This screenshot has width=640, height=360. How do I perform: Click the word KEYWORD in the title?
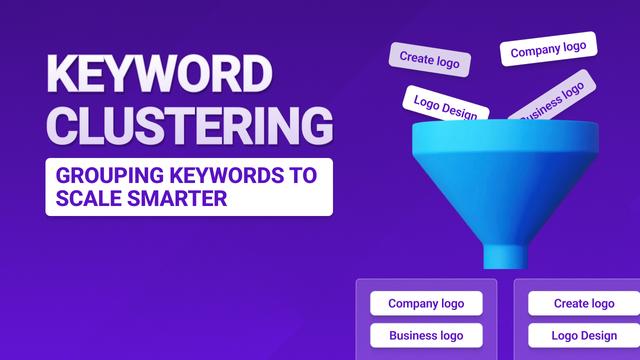pos(159,76)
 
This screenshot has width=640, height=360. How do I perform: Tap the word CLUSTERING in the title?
pos(190,128)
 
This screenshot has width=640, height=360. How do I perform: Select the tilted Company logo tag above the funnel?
pos(547,49)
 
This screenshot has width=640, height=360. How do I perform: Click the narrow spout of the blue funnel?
pos(505,244)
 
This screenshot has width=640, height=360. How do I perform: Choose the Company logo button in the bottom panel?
pos(426,303)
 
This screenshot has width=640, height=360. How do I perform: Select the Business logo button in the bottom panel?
pos(426,335)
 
